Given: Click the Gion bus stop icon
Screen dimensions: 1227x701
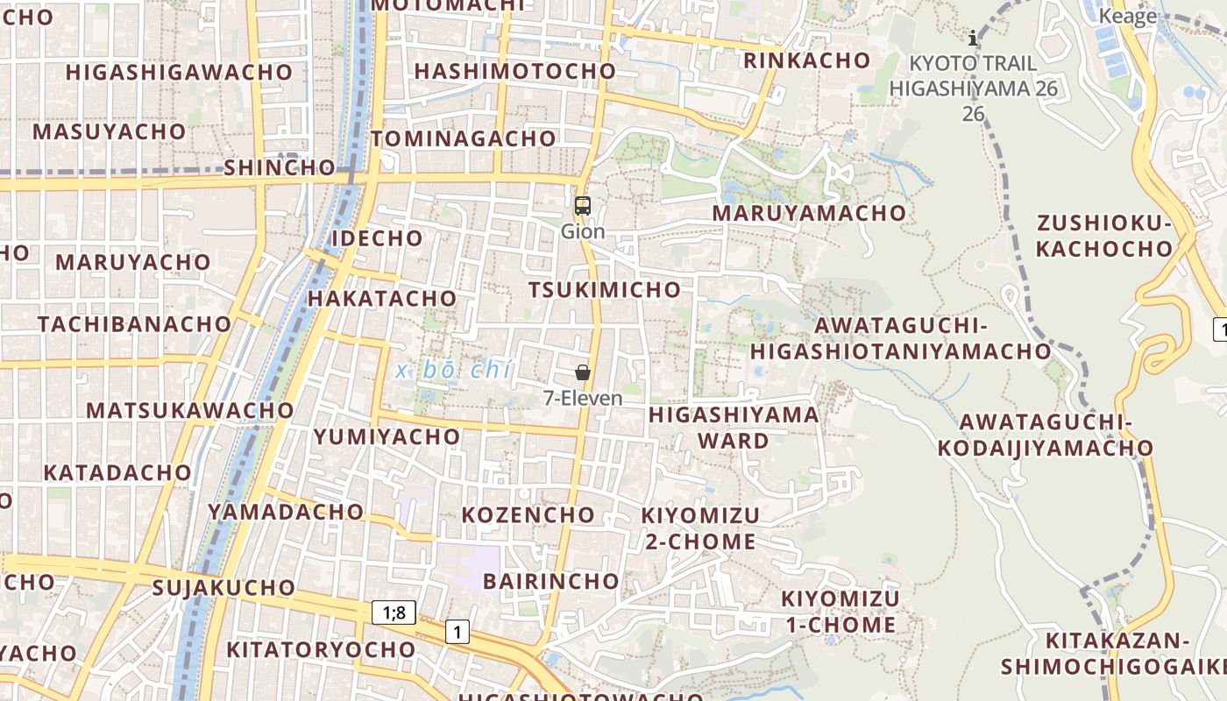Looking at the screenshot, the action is [583, 207].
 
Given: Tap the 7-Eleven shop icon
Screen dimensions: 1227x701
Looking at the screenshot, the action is [583, 372].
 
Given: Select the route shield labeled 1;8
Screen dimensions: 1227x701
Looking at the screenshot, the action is [394, 612].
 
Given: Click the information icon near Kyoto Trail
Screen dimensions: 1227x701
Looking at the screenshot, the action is [973, 38].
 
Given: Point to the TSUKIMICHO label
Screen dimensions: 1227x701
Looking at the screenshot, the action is [605, 290].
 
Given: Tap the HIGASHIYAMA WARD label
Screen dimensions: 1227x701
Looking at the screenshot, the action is [734, 427].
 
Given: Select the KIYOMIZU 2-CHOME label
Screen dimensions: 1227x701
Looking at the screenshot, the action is [701, 528].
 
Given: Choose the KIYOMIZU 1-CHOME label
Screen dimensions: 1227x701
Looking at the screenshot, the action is [840, 612].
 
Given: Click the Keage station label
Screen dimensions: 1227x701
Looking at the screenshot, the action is [1128, 17].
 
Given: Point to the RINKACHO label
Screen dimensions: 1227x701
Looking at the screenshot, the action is [807, 60].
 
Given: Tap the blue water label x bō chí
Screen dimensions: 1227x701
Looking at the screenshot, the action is [453, 370].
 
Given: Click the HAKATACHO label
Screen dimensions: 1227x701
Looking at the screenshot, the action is [382, 298].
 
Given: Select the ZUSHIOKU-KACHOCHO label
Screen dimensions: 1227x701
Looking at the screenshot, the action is [1104, 237].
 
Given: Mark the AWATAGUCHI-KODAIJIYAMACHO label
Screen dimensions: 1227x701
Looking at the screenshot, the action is [1046, 435].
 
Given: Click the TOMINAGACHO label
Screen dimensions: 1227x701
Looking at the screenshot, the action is [464, 138].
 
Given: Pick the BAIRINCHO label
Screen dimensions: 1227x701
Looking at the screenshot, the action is [551, 581].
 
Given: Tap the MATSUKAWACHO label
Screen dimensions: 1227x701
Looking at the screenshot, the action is [190, 410].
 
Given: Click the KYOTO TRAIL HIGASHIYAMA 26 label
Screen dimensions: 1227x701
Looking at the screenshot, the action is [973, 76].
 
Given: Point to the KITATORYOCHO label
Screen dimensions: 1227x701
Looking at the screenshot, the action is [321, 649].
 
